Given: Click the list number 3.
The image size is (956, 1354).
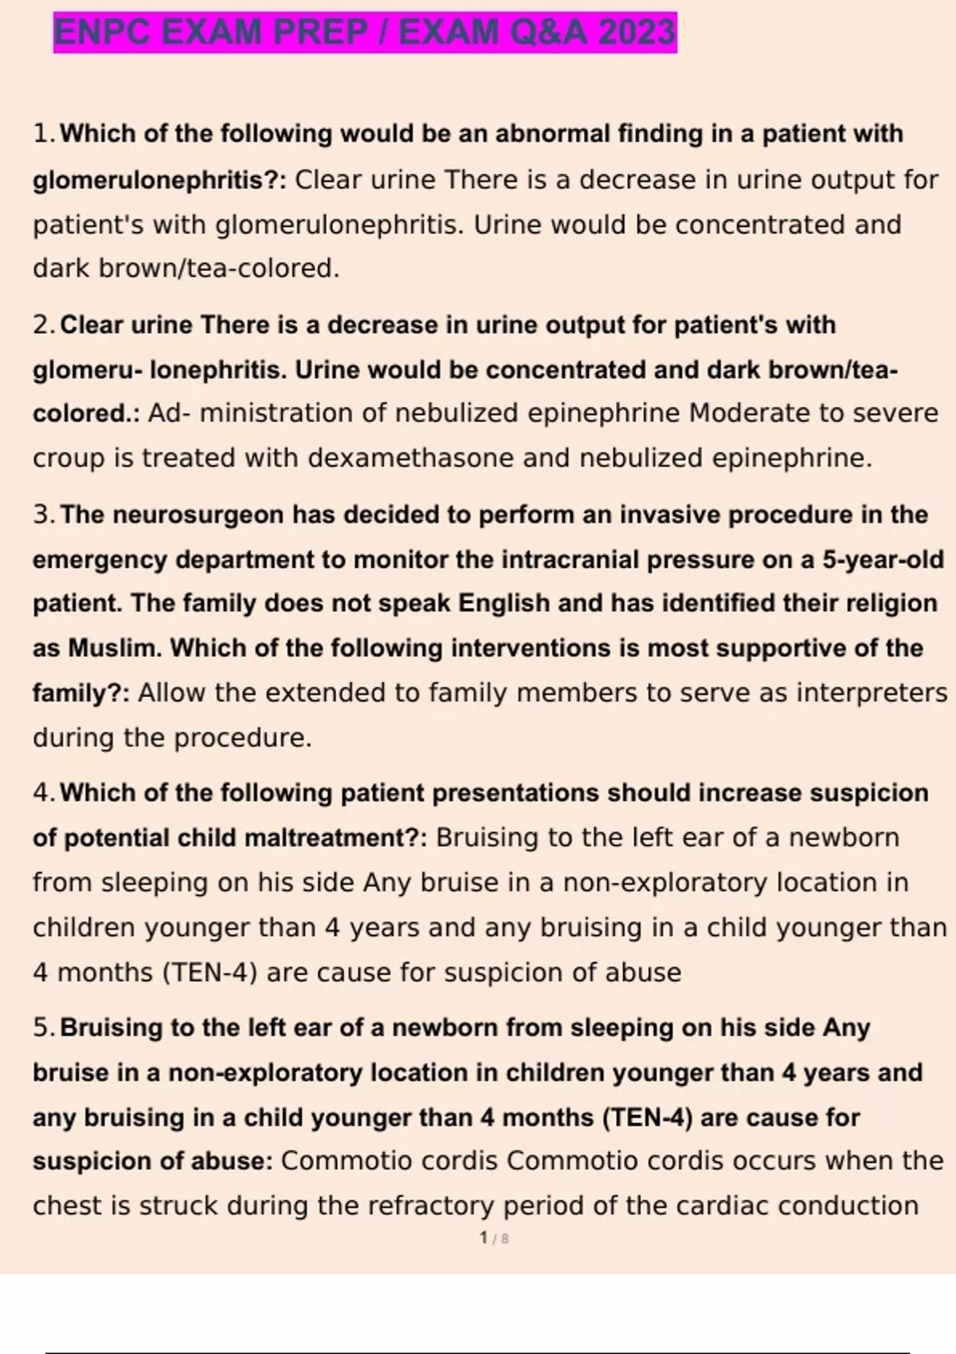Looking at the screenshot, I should point(42,515).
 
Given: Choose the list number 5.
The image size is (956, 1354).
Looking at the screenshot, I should point(42,1027).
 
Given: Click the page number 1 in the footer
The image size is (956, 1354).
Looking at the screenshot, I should point(484,1238).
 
